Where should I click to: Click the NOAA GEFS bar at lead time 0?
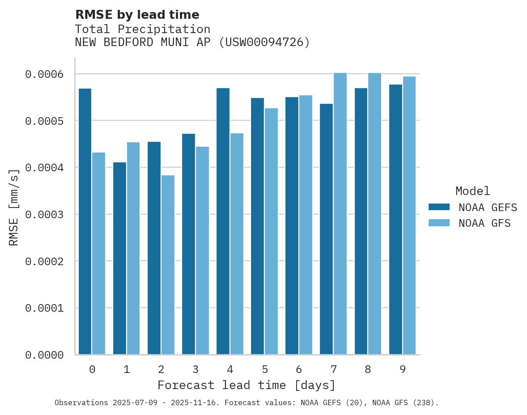(85, 221)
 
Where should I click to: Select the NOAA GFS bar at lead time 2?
(168, 265)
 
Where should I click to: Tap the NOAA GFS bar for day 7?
(340, 213)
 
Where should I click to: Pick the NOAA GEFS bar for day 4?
(223, 221)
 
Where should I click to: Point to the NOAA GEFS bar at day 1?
(119, 258)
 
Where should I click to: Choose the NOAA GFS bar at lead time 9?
(409, 215)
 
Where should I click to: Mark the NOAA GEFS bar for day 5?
(257, 226)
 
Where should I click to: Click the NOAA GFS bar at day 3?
(202, 250)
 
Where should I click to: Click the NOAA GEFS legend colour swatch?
(438, 207)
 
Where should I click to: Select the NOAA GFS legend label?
(484, 223)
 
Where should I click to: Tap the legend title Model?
(472, 191)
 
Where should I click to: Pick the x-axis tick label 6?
(299, 369)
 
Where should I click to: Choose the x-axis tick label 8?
(368, 369)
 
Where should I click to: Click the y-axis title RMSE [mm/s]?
(14, 207)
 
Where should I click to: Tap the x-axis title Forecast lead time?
(246, 385)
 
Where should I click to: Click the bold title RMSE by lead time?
(137, 15)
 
